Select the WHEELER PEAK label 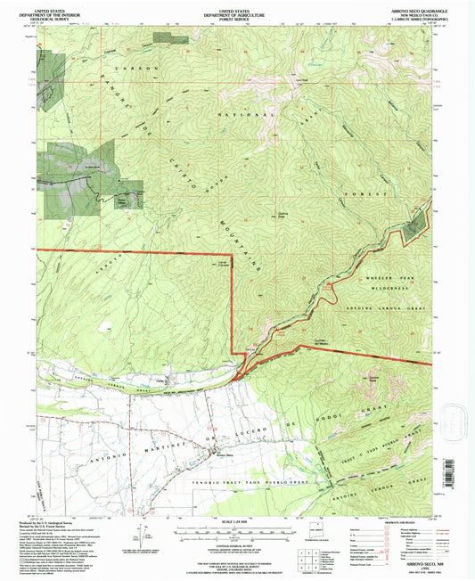385,278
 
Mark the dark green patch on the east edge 414,225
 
